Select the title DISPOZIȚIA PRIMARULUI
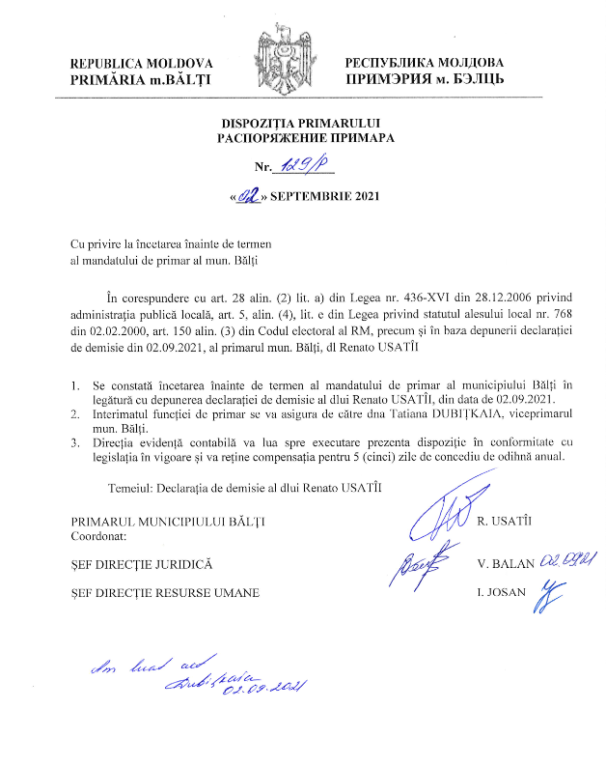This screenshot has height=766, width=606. coord(302,124)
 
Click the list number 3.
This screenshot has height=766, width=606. coord(76,442)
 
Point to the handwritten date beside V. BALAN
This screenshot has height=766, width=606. coord(567,558)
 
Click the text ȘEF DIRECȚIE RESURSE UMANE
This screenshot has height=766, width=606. coord(165,592)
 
